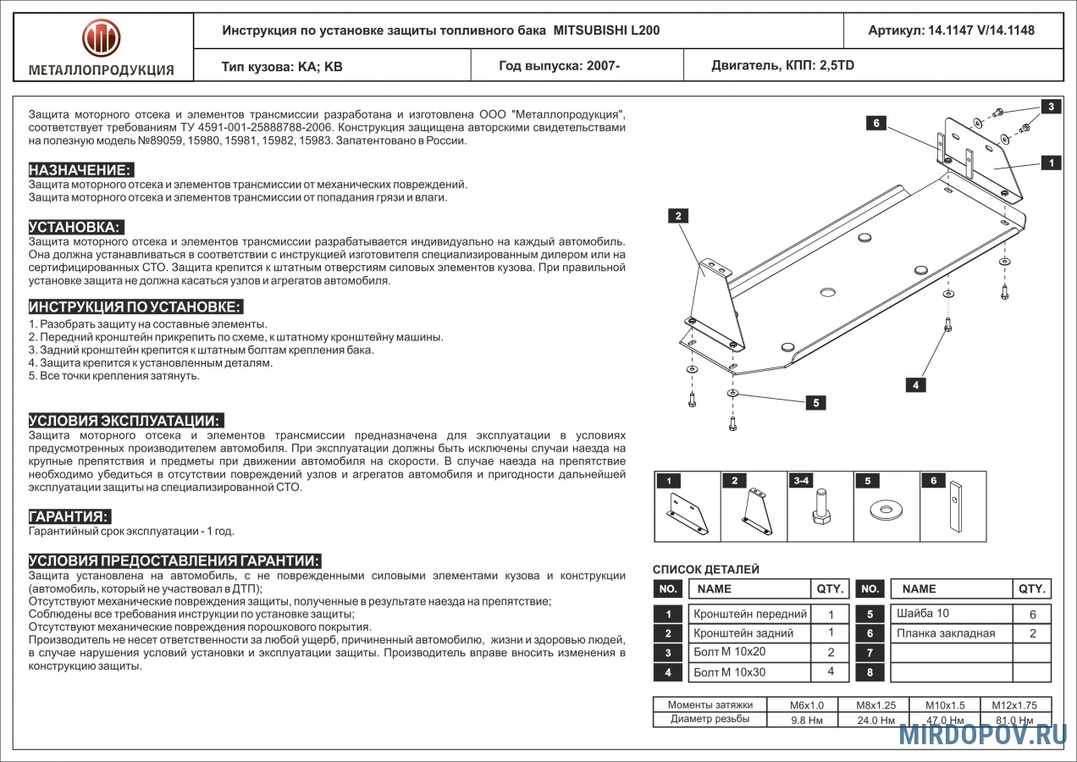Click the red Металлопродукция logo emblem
(x=102, y=38)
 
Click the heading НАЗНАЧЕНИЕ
(x=80, y=170)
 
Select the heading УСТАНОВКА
(x=75, y=227)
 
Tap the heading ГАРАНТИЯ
(x=69, y=516)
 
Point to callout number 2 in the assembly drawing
(x=678, y=216)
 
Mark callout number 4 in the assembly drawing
(x=915, y=385)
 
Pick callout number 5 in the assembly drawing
(x=815, y=403)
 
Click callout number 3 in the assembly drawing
(x=1051, y=107)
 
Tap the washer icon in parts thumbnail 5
(x=886, y=511)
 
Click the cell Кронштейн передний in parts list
(x=749, y=614)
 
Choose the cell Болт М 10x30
(x=729, y=672)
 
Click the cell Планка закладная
(x=945, y=633)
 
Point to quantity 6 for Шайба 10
(x=1032, y=615)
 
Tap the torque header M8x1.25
(x=875, y=705)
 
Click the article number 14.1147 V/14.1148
(x=951, y=30)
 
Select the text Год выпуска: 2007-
(x=560, y=65)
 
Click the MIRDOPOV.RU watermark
(x=982, y=734)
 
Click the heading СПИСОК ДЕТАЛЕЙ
(x=706, y=570)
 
